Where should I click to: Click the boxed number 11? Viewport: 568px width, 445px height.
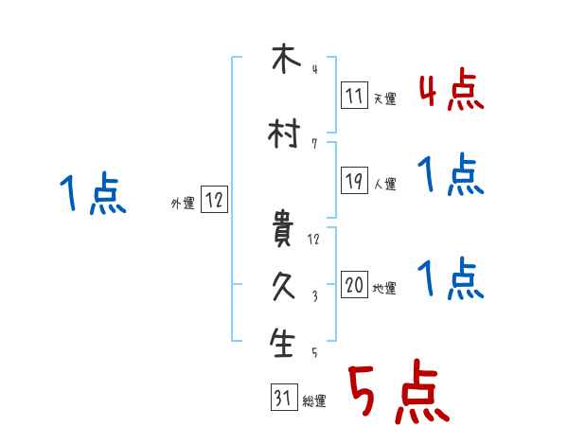coord(353,96)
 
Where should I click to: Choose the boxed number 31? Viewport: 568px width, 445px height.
coord(282,399)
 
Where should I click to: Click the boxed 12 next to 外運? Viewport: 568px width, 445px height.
coord(214,200)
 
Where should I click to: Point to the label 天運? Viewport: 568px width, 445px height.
coord(384,98)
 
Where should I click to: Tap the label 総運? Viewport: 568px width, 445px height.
coord(313,401)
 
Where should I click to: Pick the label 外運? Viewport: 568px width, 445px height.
coord(182,203)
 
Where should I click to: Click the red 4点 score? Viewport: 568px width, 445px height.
coord(452,91)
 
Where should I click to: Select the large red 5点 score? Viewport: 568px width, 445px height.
coord(398,394)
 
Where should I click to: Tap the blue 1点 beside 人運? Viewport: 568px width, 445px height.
coord(451,176)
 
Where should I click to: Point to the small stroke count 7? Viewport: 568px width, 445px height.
coord(314,144)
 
